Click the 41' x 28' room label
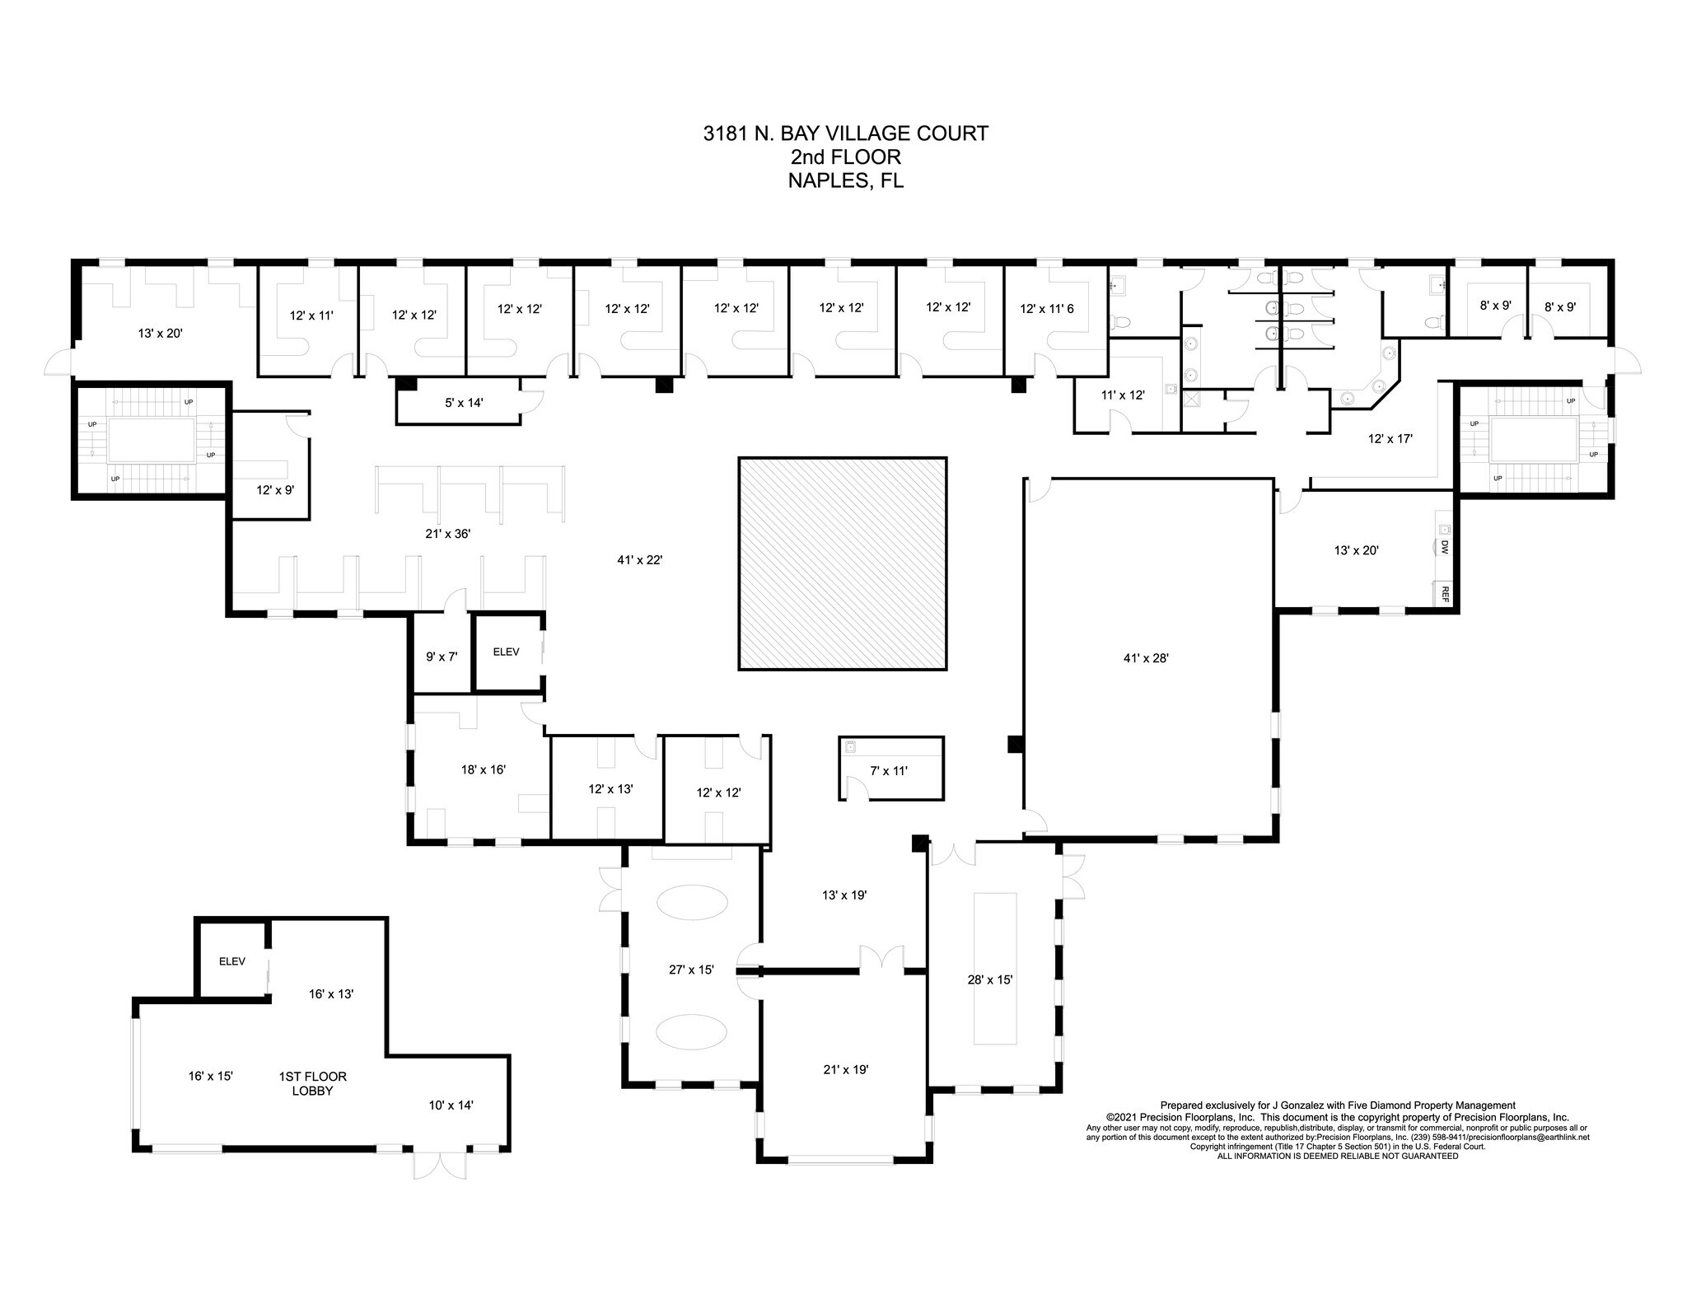pos(1146,658)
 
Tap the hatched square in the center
pos(842,563)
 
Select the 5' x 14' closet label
pos(458,403)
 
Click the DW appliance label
pos(1445,546)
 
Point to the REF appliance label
pos(1445,594)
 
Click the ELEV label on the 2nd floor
pos(506,652)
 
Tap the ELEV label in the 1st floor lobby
pos(231,961)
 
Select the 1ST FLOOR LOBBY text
pos(312,1083)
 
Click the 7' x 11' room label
pos(888,771)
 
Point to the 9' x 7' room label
pos(441,657)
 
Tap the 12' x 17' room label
pos(1390,439)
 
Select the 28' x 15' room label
pos(989,979)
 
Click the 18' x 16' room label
pos(483,769)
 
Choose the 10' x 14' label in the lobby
pos(451,1105)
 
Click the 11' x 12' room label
pos(1123,395)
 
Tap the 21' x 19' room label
pos(845,1069)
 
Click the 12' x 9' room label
pos(275,489)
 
